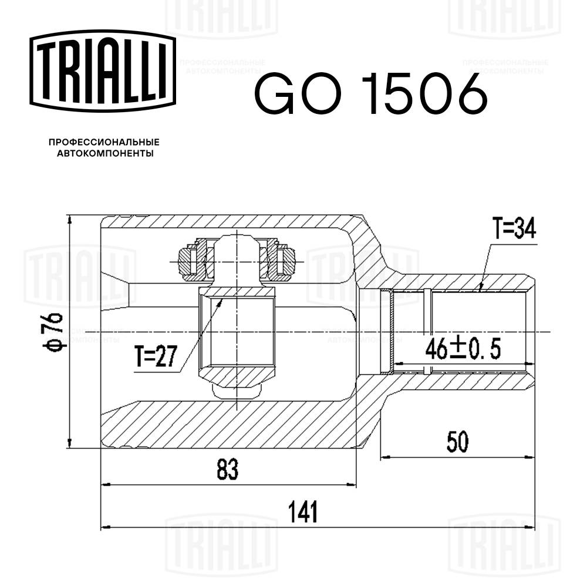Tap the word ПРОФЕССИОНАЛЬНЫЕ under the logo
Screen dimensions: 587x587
tap(104, 142)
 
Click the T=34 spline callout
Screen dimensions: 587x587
tap(514, 229)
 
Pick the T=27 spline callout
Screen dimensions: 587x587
tap(155, 357)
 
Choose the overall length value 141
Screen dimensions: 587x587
tap(303, 512)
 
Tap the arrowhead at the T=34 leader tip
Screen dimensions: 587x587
tap(480, 288)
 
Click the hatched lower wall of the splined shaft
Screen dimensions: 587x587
tap(464, 380)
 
